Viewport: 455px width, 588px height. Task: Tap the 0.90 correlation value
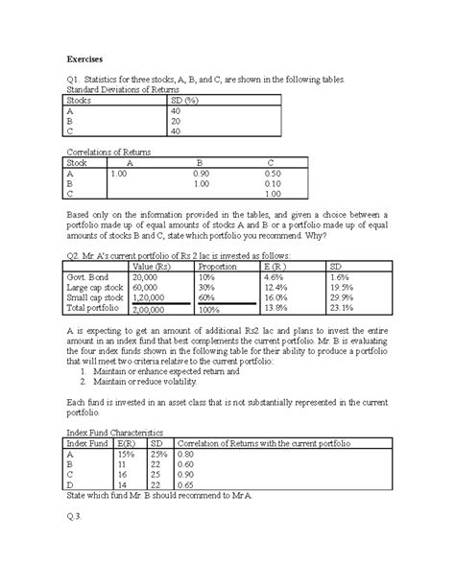coord(201,174)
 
